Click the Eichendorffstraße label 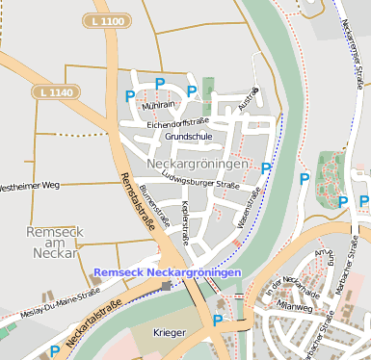[178, 124]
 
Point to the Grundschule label [188, 137]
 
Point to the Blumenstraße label [154, 204]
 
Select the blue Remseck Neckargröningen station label [168, 273]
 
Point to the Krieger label [170, 333]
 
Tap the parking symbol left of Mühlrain [130, 96]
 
